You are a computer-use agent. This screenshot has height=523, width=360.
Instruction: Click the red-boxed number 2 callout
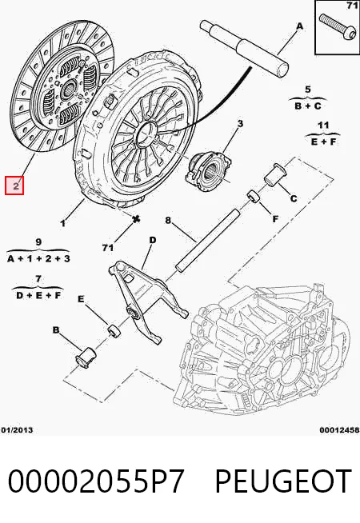pyautogui.click(x=14, y=186)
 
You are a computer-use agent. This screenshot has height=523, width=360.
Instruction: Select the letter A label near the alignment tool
pyautogui.click(x=300, y=26)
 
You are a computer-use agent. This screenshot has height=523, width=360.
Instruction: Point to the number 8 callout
pyautogui.click(x=168, y=221)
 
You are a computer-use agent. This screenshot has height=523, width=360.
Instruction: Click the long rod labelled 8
pyautogui.click(x=207, y=241)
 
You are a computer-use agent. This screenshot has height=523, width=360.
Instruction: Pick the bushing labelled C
pyautogui.click(x=275, y=174)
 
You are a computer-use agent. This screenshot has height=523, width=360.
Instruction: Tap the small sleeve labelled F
pyautogui.click(x=254, y=196)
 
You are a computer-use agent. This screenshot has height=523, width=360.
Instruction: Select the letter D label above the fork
pyautogui.click(x=153, y=240)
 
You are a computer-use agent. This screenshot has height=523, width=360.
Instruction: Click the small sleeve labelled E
pyautogui.click(x=114, y=330)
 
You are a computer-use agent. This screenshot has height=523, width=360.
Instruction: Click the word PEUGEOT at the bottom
pyautogui.click(x=283, y=481)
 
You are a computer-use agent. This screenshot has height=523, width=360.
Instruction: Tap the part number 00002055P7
pyautogui.click(x=96, y=481)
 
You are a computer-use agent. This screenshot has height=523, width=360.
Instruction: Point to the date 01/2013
pyautogui.click(x=17, y=430)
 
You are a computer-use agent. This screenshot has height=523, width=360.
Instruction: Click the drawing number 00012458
pyautogui.click(x=339, y=430)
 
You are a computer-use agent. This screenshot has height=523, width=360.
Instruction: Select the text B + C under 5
pyautogui.click(x=308, y=106)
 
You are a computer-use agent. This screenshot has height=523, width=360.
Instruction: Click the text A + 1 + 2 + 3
pyautogui.click(x=38, y=258)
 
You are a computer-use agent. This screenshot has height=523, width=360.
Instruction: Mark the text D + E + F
pyautogui.click(x=38, y=295)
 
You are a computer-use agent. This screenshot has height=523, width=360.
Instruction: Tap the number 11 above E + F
pyautogui.click(x=323, y=126)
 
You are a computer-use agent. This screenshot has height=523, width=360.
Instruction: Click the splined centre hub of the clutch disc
pyautogui.click(x=69, y=89)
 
